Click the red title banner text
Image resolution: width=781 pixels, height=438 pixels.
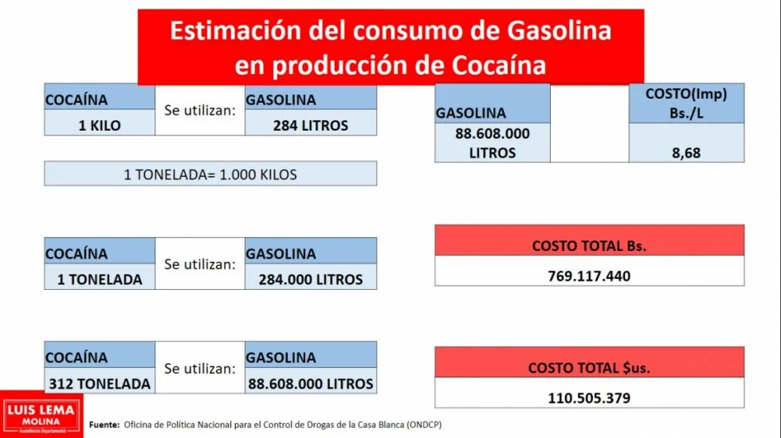pos(390,48)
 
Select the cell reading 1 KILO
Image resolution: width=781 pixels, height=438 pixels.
pos(100,125)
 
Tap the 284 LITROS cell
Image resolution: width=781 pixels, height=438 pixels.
pos(310,125)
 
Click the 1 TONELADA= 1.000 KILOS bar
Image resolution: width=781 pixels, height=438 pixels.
pos(210,174)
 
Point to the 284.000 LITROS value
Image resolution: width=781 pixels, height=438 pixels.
pos(310,279)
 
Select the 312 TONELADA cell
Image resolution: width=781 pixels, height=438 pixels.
pos(100,383)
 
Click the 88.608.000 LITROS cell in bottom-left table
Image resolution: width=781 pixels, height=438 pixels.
pos(310,383)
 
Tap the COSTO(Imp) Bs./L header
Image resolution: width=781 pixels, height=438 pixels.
pos(685,104)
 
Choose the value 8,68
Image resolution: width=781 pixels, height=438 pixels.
pos(685,152)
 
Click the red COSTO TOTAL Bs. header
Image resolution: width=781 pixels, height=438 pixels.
pos(589,245)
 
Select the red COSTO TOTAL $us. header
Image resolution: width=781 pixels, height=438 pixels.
pos(589,367)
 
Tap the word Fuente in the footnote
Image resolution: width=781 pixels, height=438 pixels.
pos(104,424)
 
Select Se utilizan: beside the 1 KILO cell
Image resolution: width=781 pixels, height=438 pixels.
pos(200,110)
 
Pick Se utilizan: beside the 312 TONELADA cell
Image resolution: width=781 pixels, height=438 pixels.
pos(200,369)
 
